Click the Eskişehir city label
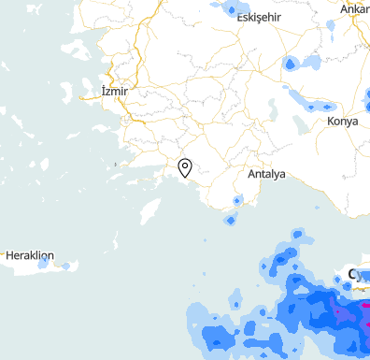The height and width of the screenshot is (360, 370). (259, 19)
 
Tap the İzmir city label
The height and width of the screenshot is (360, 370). (120, 92)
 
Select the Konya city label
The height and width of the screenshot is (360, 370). (344, 122)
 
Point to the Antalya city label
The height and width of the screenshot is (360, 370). (266, 174)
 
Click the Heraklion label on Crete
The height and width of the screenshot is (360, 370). (31, 255)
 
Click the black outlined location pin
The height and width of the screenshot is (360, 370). (185, 168)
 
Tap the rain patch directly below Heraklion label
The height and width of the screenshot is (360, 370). (42, 265)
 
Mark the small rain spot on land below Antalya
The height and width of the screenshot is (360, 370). (237, 200)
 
